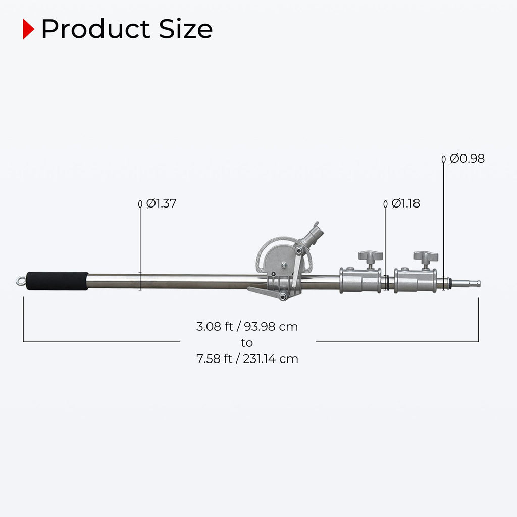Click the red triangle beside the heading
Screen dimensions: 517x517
(x=28, y=29)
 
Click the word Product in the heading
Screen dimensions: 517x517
(x=96, y=29)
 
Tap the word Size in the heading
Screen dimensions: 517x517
(x=186, y=29)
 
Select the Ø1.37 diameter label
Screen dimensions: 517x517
(x=161, y=203)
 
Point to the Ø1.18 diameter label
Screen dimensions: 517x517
(x=405, y=203)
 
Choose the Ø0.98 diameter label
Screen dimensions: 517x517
(x=467, y=159)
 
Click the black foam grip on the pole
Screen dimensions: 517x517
(x=57, y=281)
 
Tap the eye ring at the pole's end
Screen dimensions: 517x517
(x=20, y=281)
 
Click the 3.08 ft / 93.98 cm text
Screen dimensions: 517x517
(x=247, y=327)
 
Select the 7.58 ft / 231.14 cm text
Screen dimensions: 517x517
(x=247, y=359)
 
